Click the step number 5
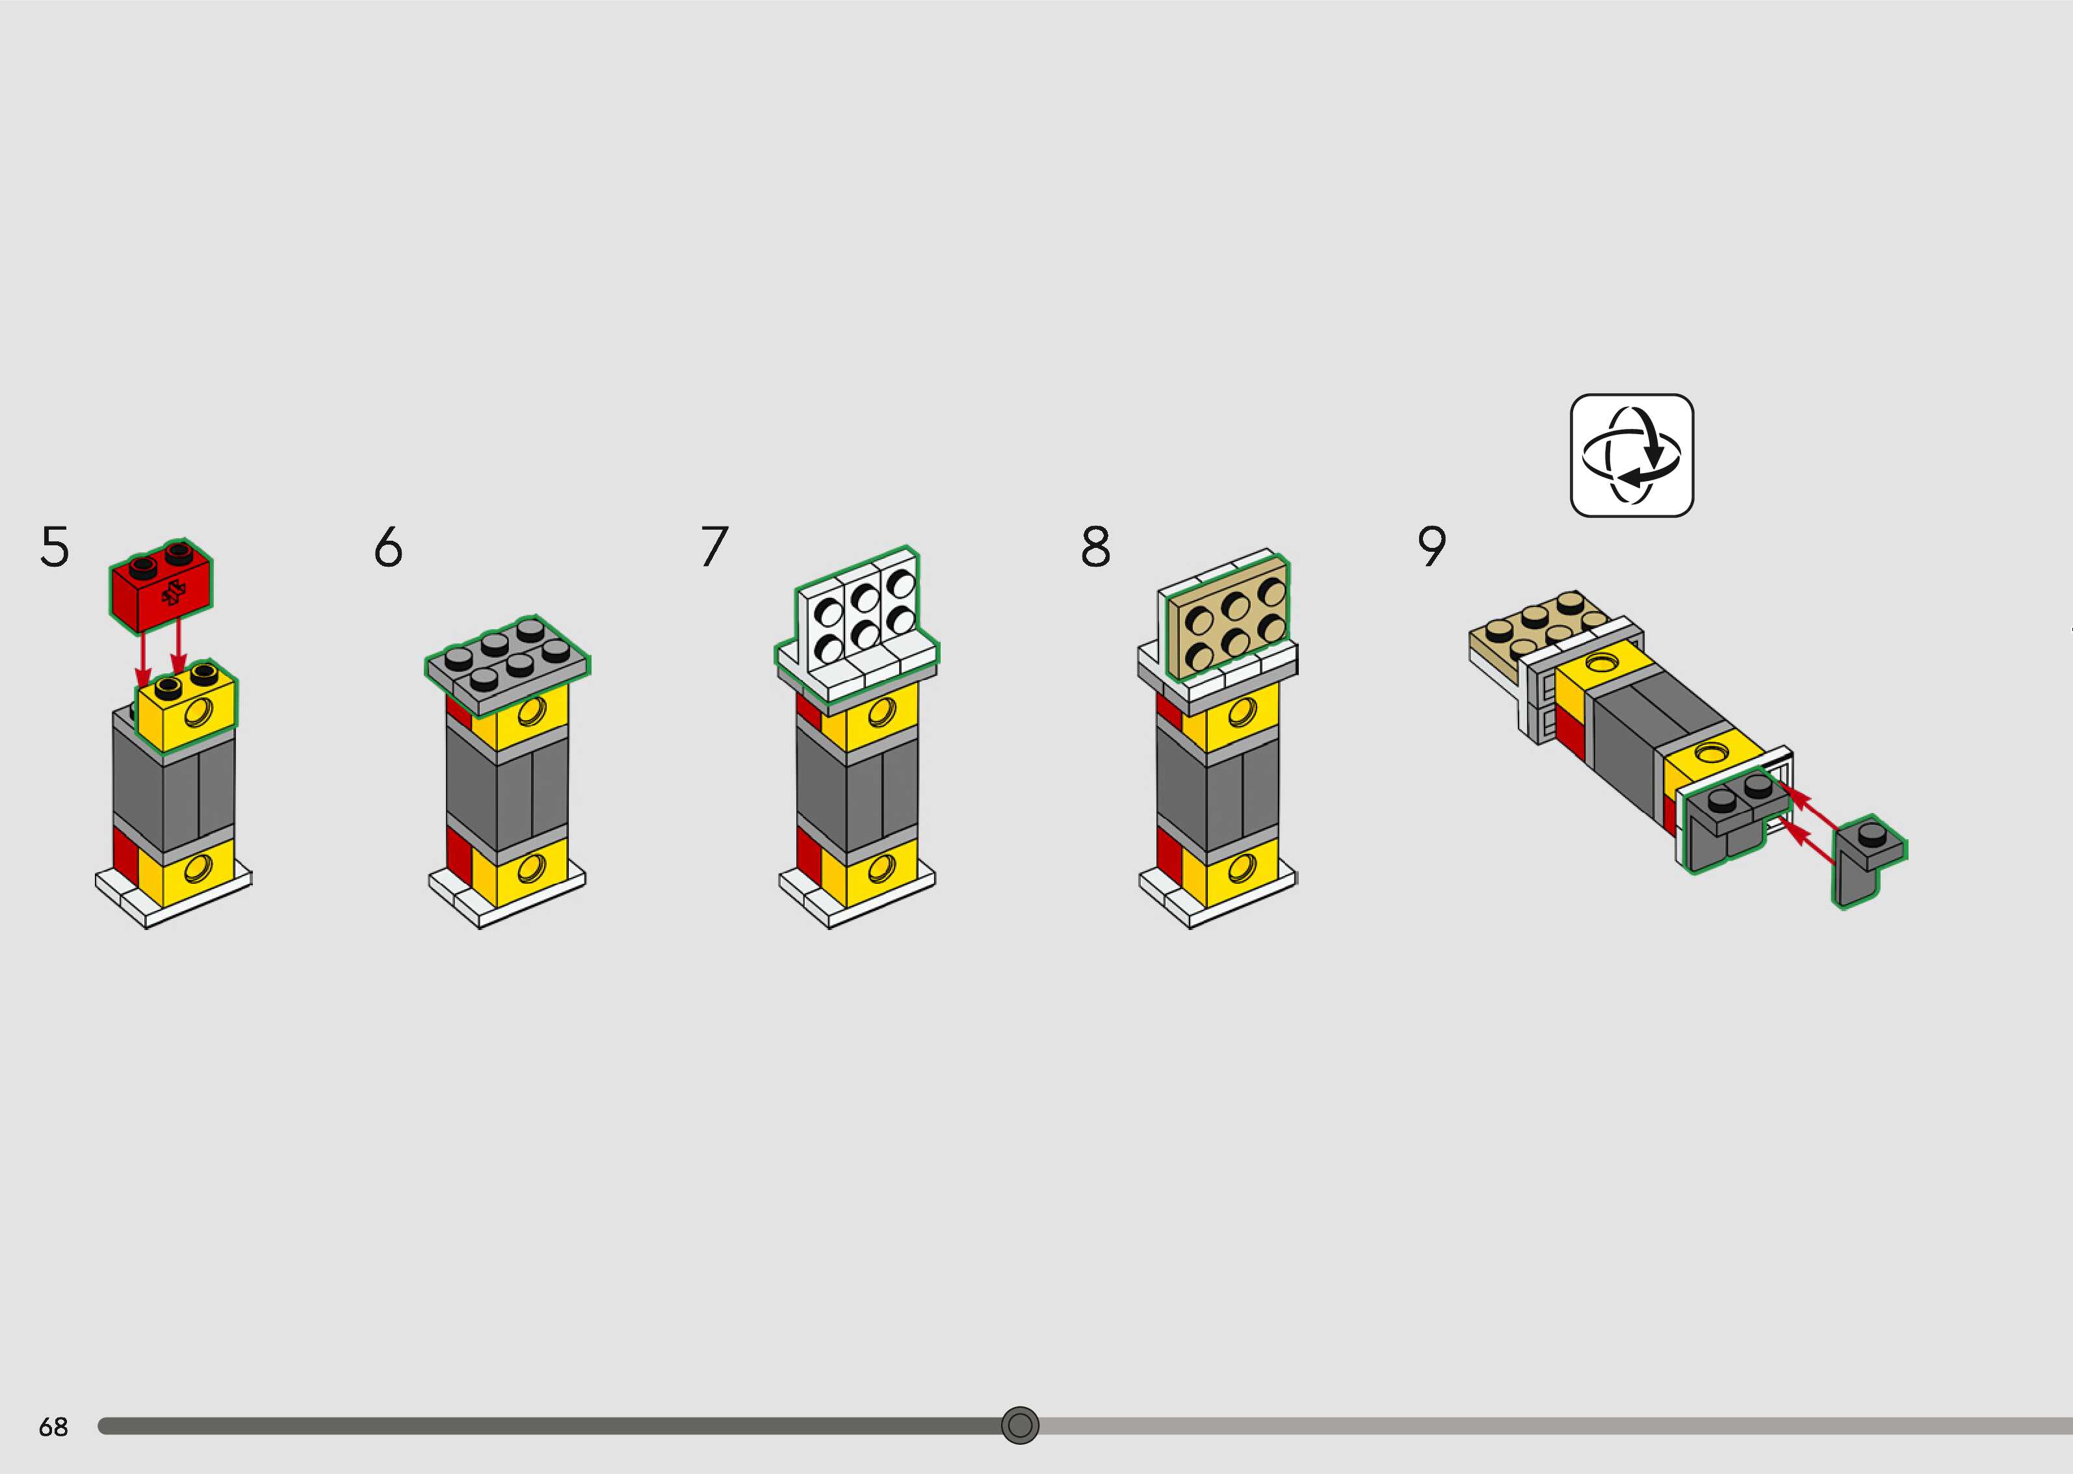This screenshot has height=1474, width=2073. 55,547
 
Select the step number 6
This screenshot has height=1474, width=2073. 389,547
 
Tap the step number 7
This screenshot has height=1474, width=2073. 714,547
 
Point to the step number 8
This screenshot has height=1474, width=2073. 1095,547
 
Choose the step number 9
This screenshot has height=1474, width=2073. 1431,547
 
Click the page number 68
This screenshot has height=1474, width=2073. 53,1427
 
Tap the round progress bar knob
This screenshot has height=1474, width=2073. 1019,1425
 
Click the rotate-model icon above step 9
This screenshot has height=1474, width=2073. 1631,455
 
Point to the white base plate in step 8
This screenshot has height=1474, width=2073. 1216,894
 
